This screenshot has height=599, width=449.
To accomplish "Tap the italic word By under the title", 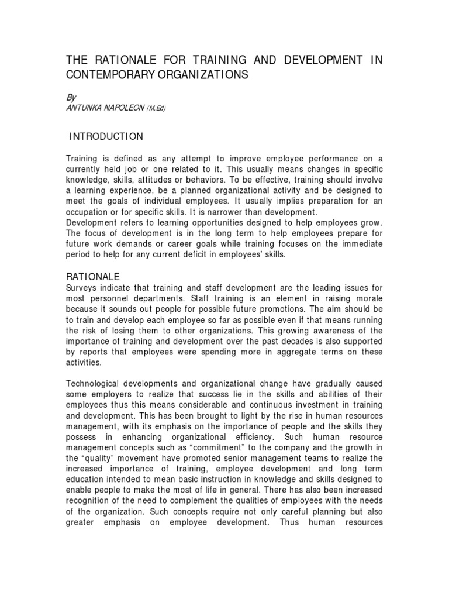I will pos(70,97).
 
